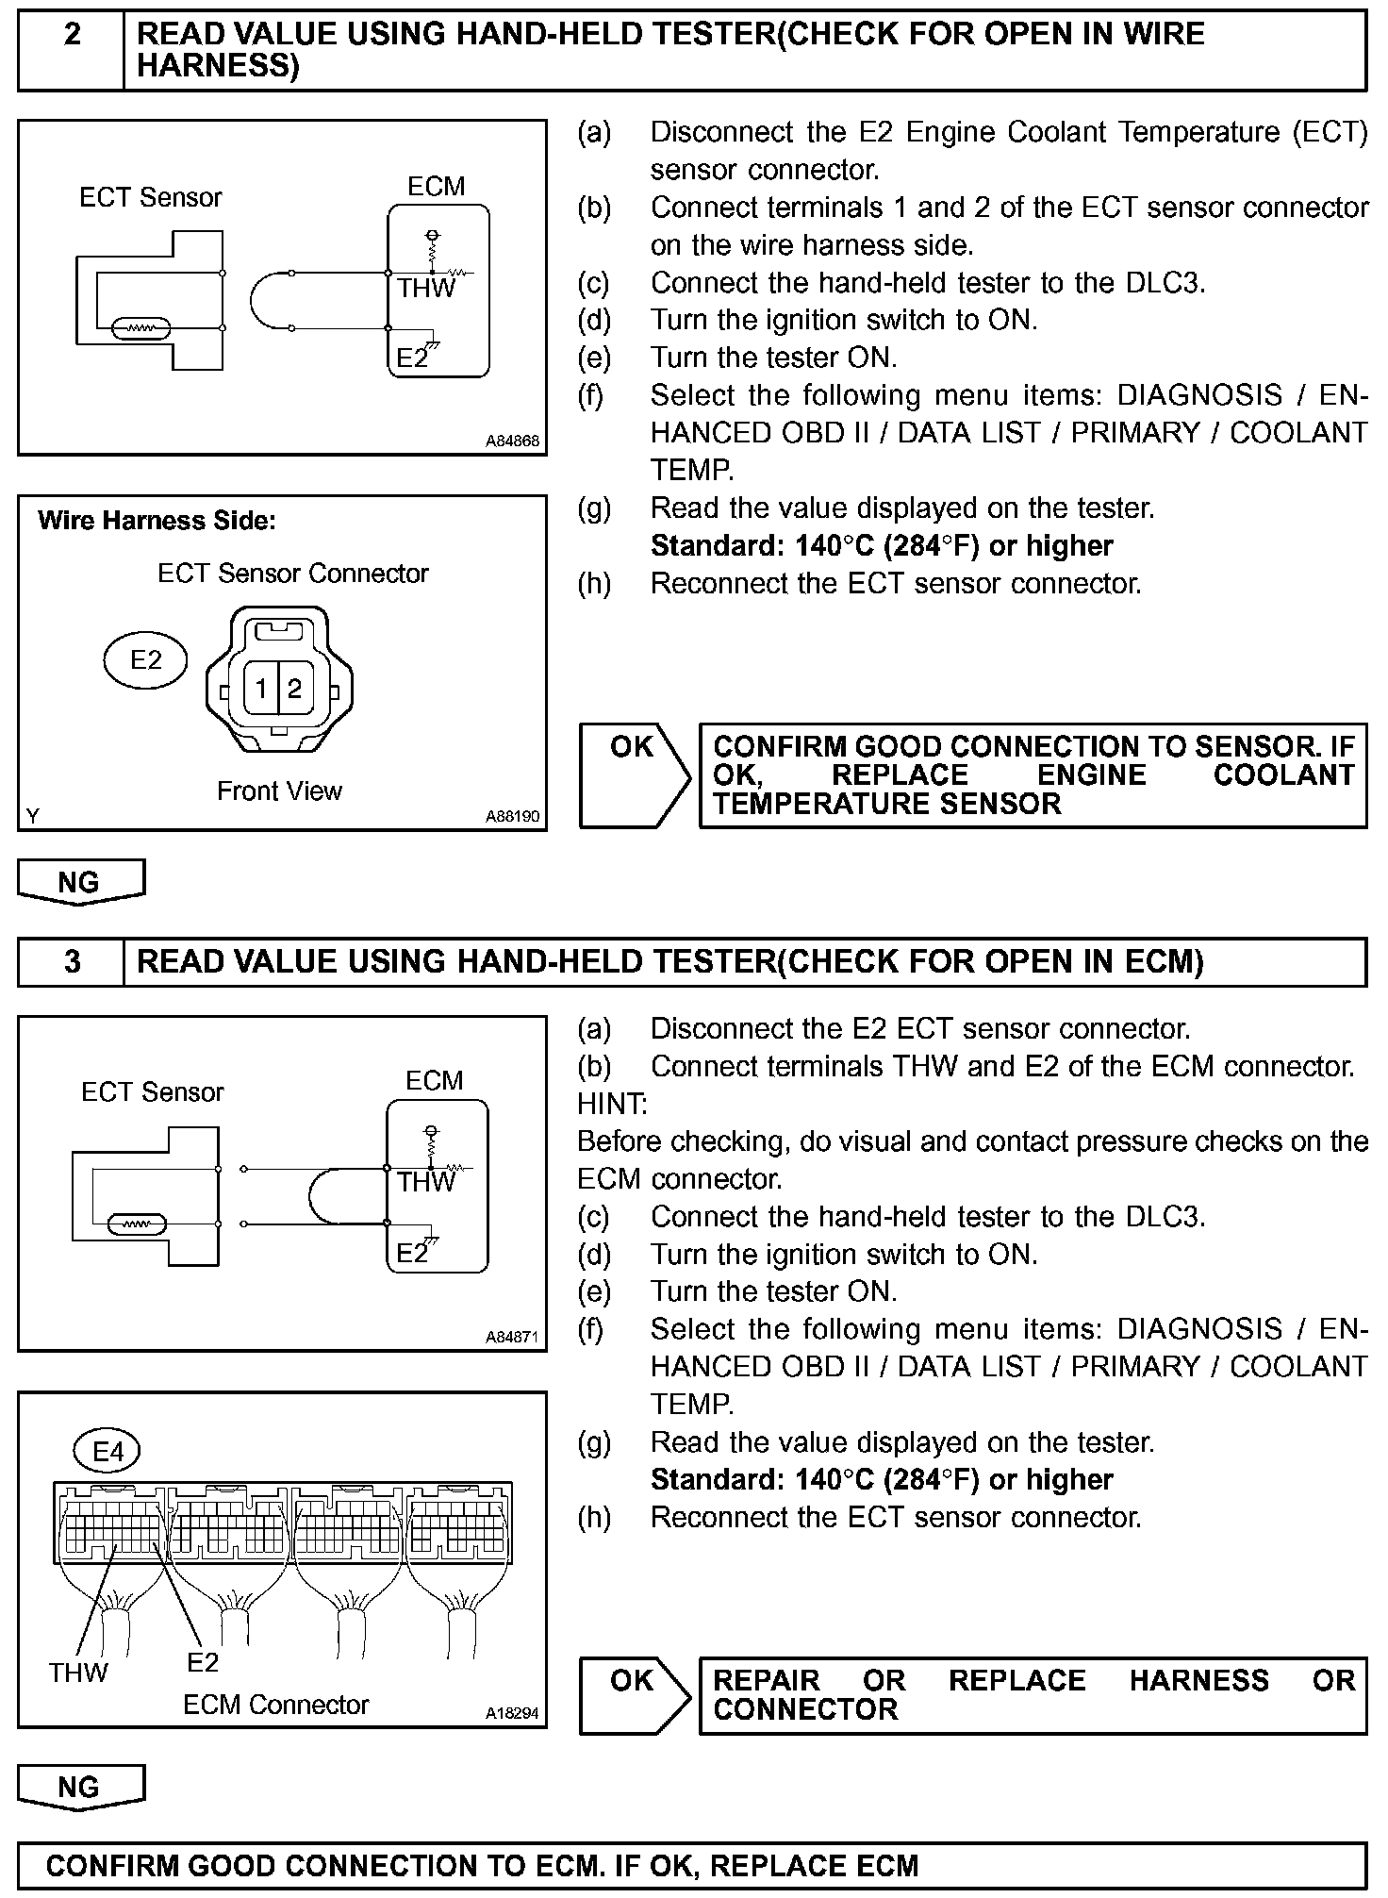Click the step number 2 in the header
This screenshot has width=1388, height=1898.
pos(72,36)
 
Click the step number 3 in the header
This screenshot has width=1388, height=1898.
pos(72,961)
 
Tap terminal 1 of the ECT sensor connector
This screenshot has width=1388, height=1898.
pos(261,689)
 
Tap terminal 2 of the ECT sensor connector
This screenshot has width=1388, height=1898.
pos(294,689)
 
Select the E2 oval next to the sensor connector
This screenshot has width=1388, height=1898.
pos(145,659)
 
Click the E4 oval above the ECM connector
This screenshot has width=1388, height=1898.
pos(107,1452)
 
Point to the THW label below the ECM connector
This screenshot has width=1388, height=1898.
pos(78,1673)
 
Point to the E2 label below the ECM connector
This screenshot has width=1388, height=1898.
pos(203,1662)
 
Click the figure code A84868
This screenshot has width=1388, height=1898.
pos(513,441)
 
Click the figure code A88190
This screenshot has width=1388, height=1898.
pos(513,816)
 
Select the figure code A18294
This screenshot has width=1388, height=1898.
pos(513,1712)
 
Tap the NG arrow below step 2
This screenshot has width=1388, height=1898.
pos(80,882)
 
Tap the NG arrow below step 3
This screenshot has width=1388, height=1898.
pos(80,1788)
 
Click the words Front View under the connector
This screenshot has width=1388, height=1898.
pos(279,791)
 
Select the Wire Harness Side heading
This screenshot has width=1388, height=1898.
pos(157,521)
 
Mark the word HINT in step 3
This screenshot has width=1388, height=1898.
pos(612,1104)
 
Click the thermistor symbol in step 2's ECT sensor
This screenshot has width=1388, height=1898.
pos(141,328)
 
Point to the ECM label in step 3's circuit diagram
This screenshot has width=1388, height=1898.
pos(434,1080)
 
